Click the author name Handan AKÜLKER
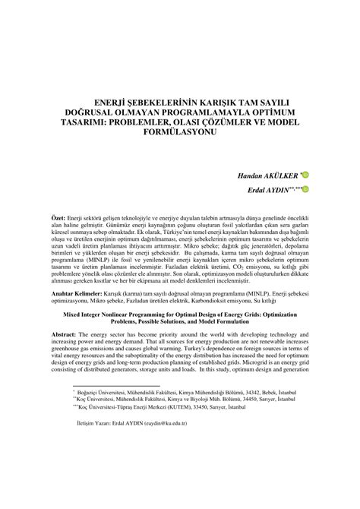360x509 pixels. [x=267, y=175]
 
